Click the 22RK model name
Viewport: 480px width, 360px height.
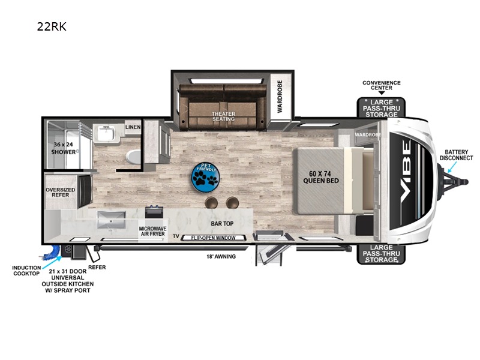[x=52, y=26]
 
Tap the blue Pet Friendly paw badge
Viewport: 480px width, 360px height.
[x=205, y=178]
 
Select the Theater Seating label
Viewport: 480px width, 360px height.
[x=223, y=116]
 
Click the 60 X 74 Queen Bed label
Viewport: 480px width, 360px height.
[x=320, y=177]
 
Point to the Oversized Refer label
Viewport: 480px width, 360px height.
[x=61, y=192]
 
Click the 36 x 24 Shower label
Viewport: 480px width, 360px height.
[x=64, y=148]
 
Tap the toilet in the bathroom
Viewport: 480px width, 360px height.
[x=133, y=157]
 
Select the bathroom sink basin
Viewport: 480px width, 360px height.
[x=106, y=133]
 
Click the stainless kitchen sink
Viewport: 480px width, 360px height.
[x=111, y=220]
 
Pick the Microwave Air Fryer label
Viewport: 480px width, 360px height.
[x=152, y=231]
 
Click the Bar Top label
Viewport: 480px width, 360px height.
[x=222, y=224]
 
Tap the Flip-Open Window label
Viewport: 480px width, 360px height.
[x=213, y=238]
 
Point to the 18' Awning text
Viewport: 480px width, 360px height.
[x=221, y=257]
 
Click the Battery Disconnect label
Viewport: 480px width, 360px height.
[x=456, y=155]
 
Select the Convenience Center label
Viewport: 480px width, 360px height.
[x=382, y=85]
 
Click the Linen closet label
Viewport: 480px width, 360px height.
[x=133, y=127]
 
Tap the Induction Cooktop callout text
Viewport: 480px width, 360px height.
[x=26, y=271]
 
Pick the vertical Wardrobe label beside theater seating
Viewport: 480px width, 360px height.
[x=280, y=97]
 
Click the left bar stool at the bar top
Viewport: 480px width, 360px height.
[x=211, y=202]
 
